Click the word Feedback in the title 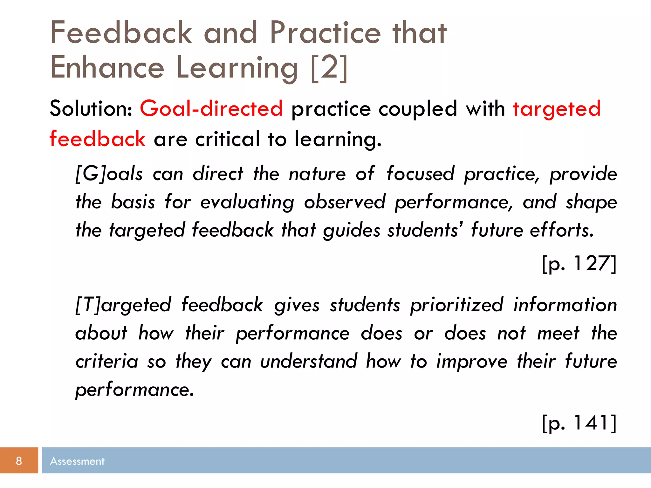[x=121, y=32]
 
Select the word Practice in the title [x=325, y=32]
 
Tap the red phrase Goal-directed [x=211, y=109]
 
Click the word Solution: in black [x=91, y=109]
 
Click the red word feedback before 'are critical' [x=98, y=139]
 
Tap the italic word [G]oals [x=109, y=174]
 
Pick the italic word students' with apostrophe [x=425, y=230]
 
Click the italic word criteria [x=107, y=362]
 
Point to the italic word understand [x=308, y=362]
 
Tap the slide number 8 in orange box [x=19, y=461]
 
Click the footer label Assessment [x=77, y=461]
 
